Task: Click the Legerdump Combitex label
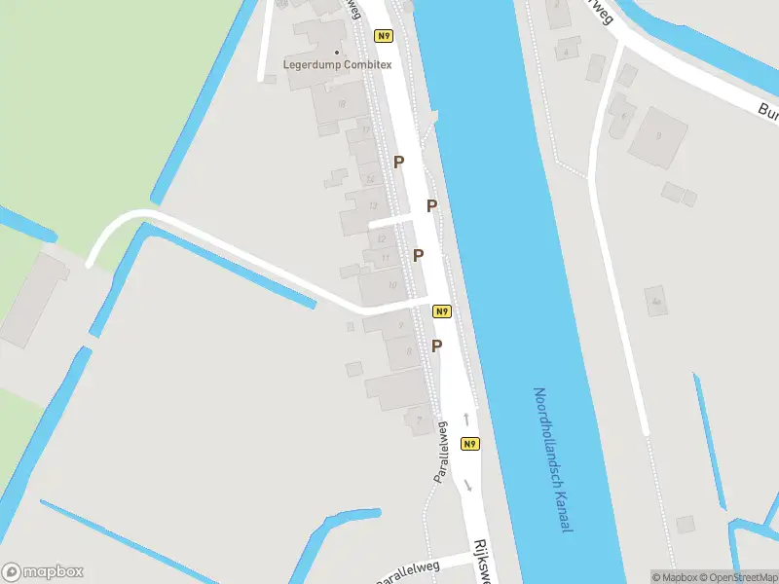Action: click(x=337, y=64)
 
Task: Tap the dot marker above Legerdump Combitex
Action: click(x=338, y=52)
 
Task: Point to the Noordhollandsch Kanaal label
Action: click(x=551, y=458)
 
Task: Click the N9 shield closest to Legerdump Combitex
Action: click(x=384, y=37)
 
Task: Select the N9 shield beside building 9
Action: click(x=442, y=311)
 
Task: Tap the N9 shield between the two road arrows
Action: click(x=470, y=444)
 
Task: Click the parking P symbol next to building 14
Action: click(x=397, y=163)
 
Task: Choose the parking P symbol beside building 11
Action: click(x=418, y=256)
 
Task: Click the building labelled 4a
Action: click(x=657, y=302)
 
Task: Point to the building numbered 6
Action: click(x=623, y=115)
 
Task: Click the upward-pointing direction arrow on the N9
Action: click(x=466, y=419)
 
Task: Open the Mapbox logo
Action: click(x=43, y=571)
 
